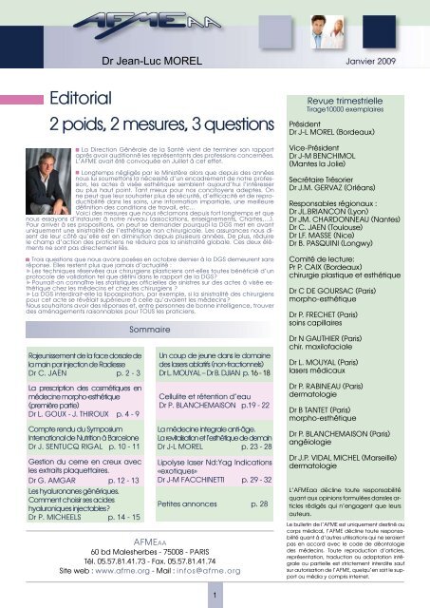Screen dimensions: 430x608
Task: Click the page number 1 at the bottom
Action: click(x=216, y=596)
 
